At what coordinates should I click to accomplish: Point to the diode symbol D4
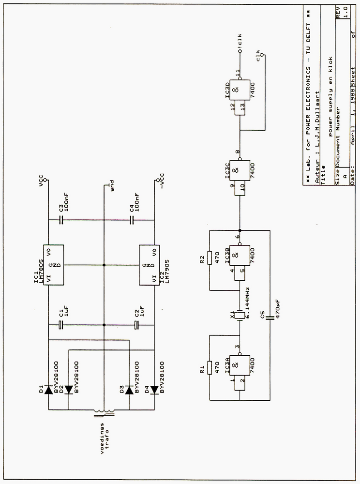(x=154, y=390)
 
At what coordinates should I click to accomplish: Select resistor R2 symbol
(x=210, y=257)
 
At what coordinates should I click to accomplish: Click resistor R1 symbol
(x=210, y=368)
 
